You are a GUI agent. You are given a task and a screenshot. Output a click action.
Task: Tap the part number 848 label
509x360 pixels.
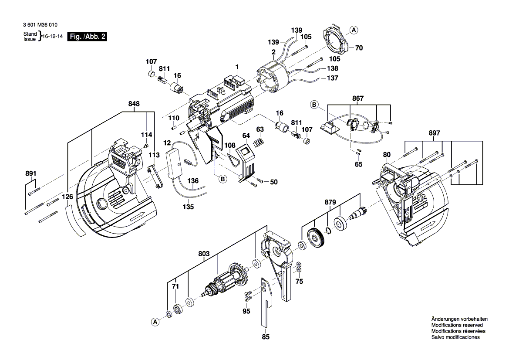click(134, 104)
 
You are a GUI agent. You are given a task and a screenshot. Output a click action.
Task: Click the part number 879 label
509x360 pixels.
click(330, 202)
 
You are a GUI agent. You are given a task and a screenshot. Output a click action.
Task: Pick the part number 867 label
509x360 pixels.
click(358, 98)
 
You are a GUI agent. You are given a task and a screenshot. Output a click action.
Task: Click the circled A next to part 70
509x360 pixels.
click(354, 30)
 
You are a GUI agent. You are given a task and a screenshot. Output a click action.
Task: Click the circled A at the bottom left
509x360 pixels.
click(155, 322)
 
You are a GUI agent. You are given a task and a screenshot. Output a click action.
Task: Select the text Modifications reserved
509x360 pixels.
click(457, 325)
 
